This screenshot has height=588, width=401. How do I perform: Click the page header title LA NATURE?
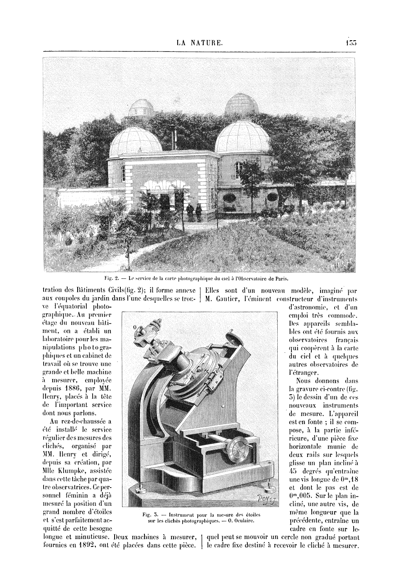200,42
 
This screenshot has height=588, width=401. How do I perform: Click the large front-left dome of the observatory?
136,139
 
